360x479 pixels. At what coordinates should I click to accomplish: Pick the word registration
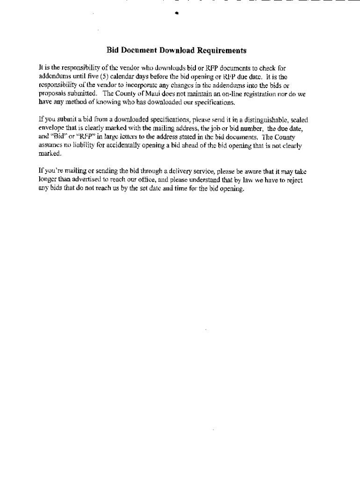261,94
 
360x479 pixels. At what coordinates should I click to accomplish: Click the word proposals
52,94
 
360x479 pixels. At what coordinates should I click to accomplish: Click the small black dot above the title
177,14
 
